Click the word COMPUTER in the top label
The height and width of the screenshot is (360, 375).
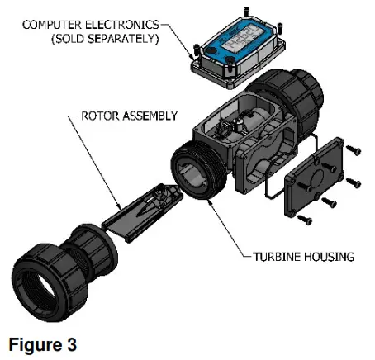pyautogui.click(x=50, y=22)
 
